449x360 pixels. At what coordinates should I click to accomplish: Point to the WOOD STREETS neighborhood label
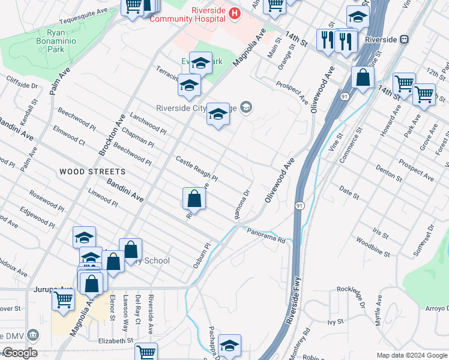pos(84,172)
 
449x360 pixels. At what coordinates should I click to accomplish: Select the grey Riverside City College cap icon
pos(246,107)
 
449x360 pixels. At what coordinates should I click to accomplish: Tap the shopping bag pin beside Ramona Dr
pos(194,198)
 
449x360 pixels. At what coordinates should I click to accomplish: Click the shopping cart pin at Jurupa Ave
pos(63,299)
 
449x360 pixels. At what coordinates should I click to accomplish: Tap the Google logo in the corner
pos(20,353)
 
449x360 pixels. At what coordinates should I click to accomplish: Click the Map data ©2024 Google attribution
pos(412,355)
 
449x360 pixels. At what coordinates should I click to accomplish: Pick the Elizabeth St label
pos(115,340)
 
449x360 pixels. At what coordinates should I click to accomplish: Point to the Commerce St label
pos(352,143)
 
